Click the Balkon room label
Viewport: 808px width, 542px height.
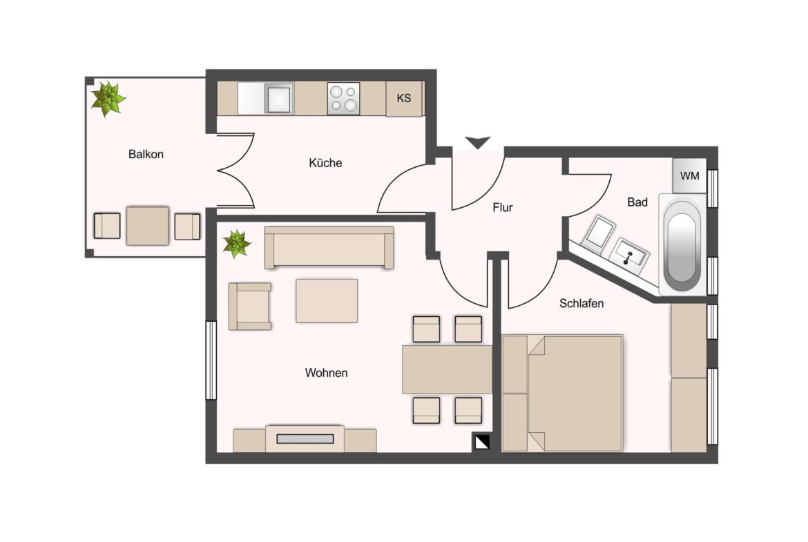[146, 154]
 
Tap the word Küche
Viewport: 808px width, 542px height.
[325, 163]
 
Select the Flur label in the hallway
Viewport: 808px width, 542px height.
[503, 208]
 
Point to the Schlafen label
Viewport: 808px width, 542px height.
[581, 304]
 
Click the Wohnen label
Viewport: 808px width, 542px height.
[326, 373]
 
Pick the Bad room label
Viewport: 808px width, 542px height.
[637, 202]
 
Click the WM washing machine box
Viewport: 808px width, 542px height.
[689, 175]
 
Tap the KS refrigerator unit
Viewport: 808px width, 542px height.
[404, 98]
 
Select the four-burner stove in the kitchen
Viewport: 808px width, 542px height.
[344, 99]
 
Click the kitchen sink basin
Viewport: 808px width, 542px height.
[279, 99]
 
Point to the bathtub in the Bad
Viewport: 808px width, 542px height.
[682, 245]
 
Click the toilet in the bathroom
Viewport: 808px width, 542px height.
[599, 233]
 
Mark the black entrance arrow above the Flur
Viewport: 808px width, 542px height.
[478, 142]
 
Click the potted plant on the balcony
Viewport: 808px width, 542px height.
[108, 98]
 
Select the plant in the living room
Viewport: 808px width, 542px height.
[236, 244]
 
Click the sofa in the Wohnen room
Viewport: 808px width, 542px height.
[329, 247]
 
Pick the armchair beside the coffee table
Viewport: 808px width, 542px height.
[250, 306]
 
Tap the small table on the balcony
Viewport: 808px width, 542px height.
[147, 226]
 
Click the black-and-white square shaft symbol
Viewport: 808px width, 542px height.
[482, 442]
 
